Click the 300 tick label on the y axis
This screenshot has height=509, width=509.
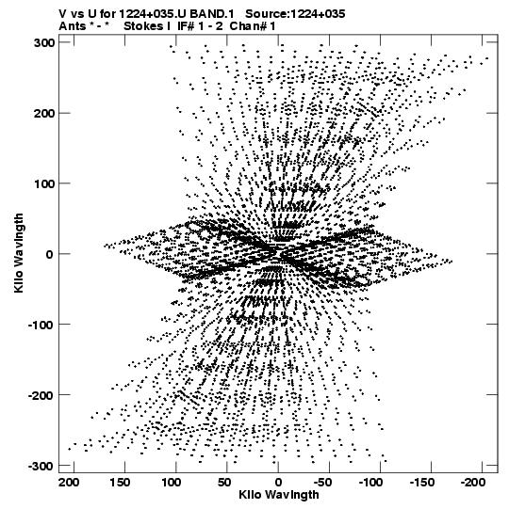tap(43, 43)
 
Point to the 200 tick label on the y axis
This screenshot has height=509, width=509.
tap(43, 114)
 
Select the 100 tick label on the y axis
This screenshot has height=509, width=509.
tap(43, 184)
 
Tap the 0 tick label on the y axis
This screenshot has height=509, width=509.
tap(49, 254)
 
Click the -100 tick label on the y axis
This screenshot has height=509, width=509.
tap(41, 325)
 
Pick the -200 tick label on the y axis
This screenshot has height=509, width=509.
tap(41, 396)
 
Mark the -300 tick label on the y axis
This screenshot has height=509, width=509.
tap(41, 467)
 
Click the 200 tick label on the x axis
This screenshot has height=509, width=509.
tap(69, 483)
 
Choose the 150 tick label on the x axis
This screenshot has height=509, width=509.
tap(120, 483)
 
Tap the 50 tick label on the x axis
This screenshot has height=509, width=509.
tap(224, 483)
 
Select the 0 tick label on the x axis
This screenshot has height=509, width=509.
tap(278, 483)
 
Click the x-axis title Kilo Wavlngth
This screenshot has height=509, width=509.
tap(279, 495)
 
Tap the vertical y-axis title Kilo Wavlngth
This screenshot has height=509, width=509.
tap(19, 253)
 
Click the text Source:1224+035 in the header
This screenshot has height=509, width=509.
tap(295, 14)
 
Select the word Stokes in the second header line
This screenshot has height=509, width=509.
tap(143, 26)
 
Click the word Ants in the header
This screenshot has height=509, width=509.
tap(73, 26)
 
